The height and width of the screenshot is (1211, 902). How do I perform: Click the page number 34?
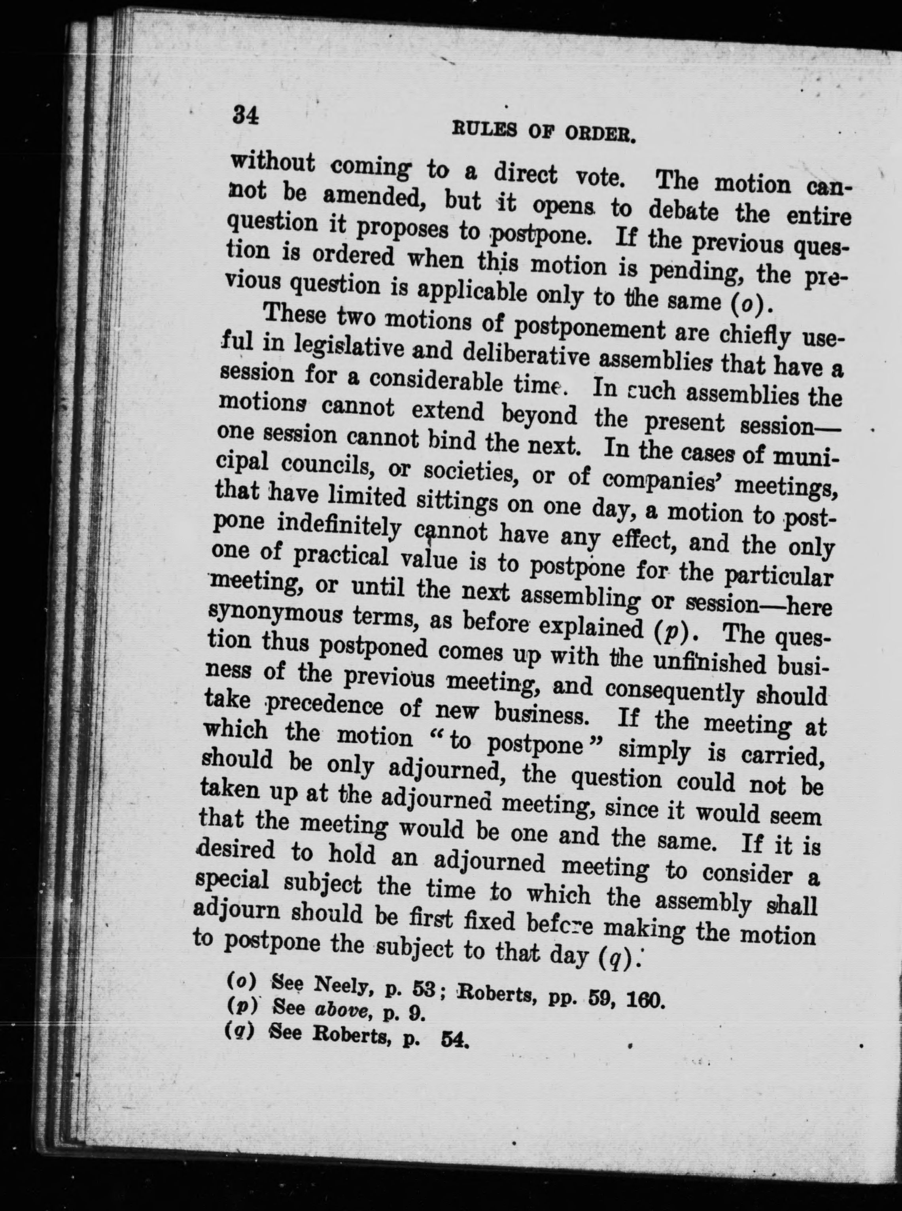tap(245, 116)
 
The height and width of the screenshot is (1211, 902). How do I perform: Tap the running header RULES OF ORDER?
tap(544, 132)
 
